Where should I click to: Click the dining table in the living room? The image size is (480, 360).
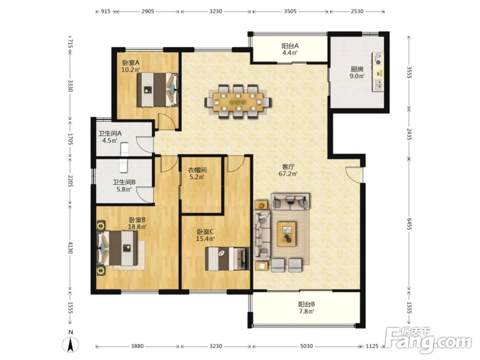coord(238,102)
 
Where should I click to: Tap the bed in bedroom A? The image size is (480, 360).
coord(157,89)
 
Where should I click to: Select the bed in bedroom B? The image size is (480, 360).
coord(117,248)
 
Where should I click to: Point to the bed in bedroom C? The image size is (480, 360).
coord(228,259)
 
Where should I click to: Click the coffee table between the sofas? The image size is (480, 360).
coord(287,234)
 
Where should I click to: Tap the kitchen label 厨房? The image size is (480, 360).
coord(357,69)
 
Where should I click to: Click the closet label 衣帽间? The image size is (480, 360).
coord(197,170)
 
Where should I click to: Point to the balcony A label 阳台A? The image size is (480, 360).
coord(290,46)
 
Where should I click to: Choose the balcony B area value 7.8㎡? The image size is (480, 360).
coord(306,312)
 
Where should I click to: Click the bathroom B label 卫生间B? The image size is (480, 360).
coord(124,182)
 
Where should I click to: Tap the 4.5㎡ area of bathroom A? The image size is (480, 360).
coord(109,141)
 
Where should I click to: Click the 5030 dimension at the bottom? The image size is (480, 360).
coord(306,346)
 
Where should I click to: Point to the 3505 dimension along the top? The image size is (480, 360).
coord(290,12)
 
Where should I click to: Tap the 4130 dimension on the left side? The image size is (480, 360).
coord(70,248)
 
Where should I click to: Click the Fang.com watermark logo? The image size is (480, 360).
coord(428,340)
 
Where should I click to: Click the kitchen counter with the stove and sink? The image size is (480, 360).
coord(378,72)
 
